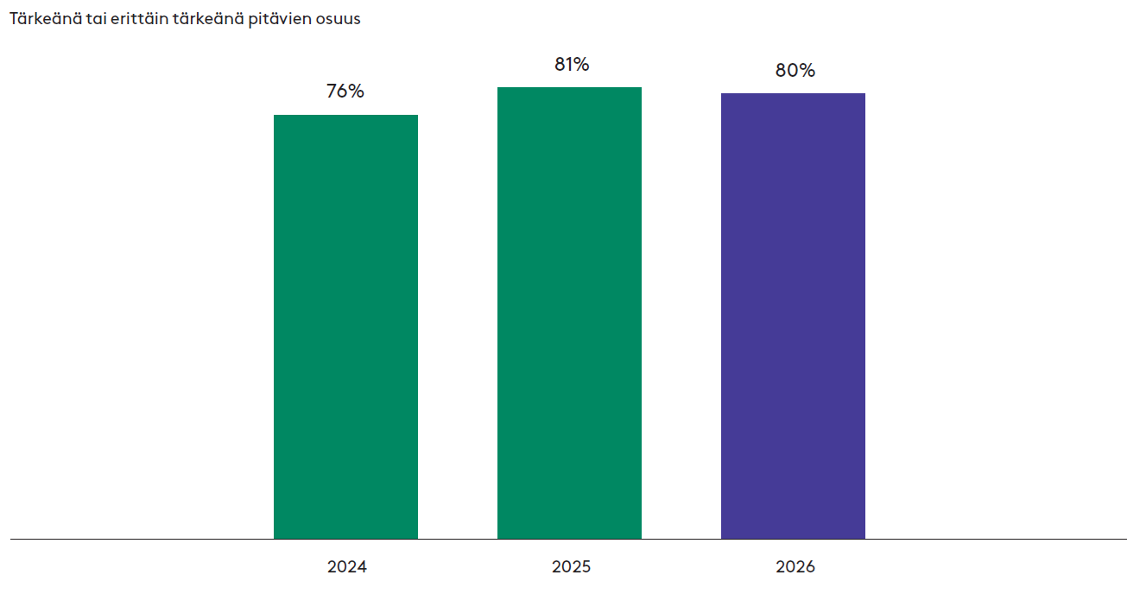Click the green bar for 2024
[345, 327]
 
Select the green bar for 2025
[569, 313]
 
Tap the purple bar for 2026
[793, 316]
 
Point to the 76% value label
[345, 91]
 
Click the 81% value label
[572, 65]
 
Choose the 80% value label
[795, 71]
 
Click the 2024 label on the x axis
[347, 567]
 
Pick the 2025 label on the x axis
[571, 567]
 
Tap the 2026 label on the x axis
[795, 567]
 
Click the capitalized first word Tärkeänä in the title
[46, 19]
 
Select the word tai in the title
[96, 19]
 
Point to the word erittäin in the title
[139, 19]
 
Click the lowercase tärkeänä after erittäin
[208, 19]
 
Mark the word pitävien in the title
[280, 20]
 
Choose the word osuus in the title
[339, 21]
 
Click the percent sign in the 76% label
[356, 91]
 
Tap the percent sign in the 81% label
[580, 65]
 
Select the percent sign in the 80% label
[807, 71]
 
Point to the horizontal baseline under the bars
[568, 540]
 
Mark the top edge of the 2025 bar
[569, 87]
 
